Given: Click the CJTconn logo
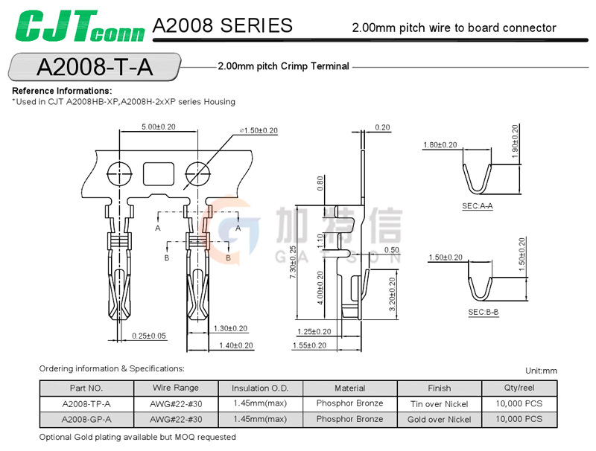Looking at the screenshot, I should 75,28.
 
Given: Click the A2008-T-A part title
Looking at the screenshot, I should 94,67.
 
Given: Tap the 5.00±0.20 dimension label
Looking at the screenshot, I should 159,127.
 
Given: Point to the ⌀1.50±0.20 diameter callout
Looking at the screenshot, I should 259,130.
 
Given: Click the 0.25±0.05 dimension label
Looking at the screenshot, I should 149,336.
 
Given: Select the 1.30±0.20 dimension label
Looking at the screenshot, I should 230,328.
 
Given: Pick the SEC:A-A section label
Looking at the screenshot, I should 477,205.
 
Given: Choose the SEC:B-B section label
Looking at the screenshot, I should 483,312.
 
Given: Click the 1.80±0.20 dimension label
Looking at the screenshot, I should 440,145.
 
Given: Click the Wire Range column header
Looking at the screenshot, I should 175,388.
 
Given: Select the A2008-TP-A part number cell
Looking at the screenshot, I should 86,403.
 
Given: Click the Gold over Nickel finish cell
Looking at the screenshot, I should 439,419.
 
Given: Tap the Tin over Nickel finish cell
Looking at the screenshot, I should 439,403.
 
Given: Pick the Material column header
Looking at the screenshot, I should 349,388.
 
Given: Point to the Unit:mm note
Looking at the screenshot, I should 541,371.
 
